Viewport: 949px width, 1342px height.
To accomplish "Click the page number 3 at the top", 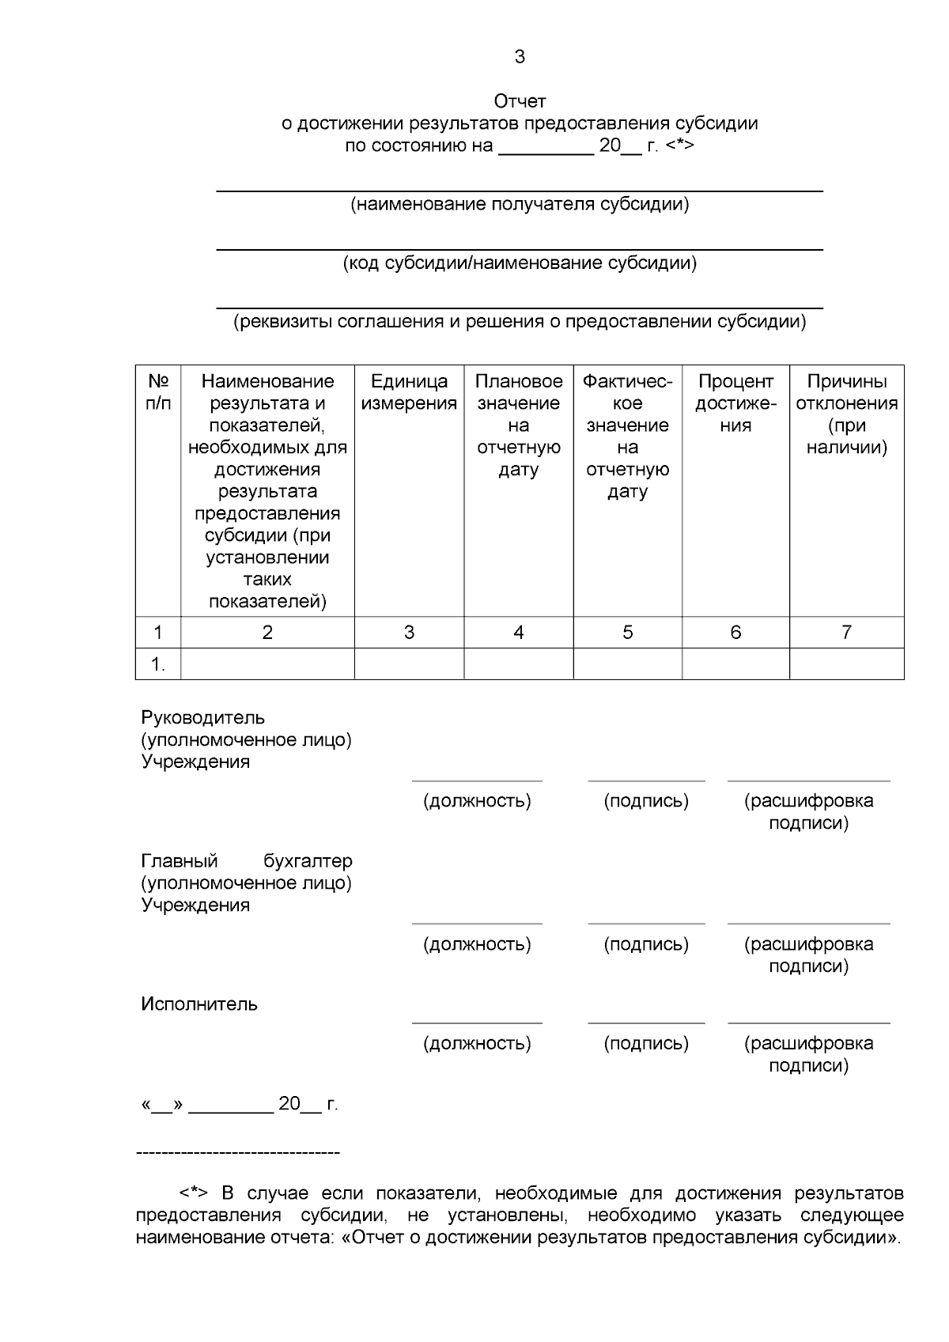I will tap(520, 57).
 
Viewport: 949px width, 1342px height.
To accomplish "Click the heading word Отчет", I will tap(520, 101).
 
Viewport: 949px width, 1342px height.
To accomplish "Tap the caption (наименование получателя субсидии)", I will tap(520, 205).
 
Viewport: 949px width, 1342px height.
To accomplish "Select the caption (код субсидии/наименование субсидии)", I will tap(520, 263).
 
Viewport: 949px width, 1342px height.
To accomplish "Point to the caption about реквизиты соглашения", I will tap(520, 322).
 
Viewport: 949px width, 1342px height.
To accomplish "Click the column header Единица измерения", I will tap(409, 392).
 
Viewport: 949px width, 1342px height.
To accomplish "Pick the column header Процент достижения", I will tap(735, 403).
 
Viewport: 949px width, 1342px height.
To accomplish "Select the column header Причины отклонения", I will tap(846, 414).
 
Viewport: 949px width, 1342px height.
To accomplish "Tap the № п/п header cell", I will tap(158, 392).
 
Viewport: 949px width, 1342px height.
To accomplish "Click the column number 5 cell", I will tap(628, 633).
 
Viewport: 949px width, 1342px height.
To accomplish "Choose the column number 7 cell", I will tap(846, 633).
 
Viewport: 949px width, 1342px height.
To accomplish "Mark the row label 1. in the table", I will tap(158, 665).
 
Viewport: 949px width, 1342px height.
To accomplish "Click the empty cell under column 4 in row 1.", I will tap(518, 664).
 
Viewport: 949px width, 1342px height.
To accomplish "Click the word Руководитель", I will tap(202, 718).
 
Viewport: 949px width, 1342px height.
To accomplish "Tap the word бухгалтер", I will tap(308, 861).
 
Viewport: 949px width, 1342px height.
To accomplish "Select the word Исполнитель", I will tap(199, 1004).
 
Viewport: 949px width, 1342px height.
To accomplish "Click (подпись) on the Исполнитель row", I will tap(646, 1044).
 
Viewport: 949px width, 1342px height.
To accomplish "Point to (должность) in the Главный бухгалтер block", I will tap(477, 944).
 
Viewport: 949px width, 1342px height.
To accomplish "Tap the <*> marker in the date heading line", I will tap(680, 146).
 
